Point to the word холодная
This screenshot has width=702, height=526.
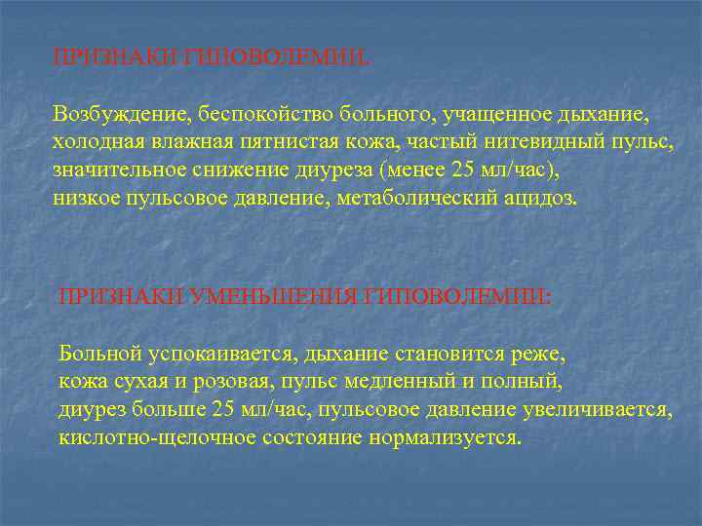point(96,142)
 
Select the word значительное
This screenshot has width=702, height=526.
point(114,170)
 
